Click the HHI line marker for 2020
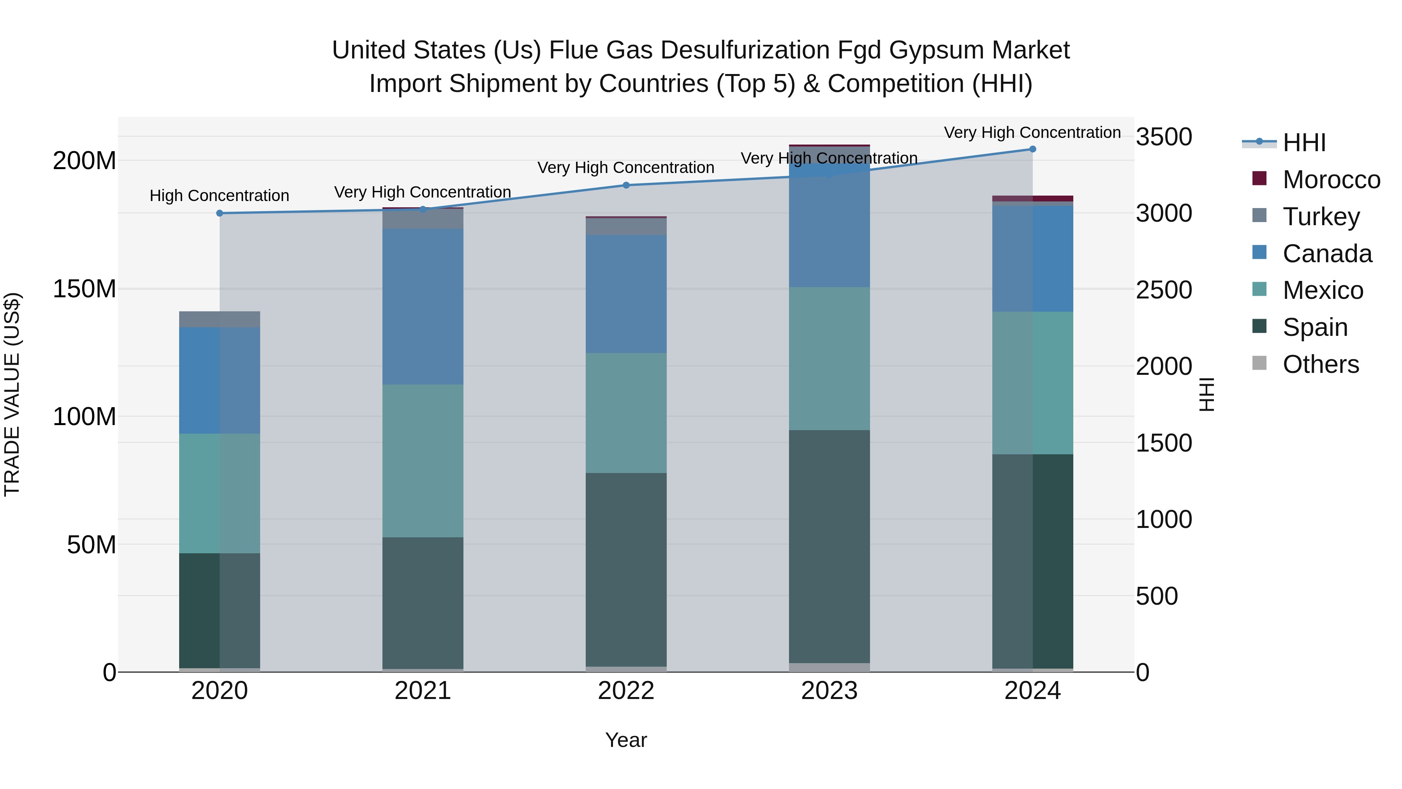[x=220, y=213]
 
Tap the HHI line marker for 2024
[x=1032, y=149]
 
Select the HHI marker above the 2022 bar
[x=626, y=185]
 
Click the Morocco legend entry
[x=1331, y=180]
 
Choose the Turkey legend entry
[x=1321, y=217]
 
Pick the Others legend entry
[x=1320, y=364]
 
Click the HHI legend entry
[x=1303, y=143]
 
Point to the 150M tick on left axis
[x=85, y=289]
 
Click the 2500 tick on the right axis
[x=1164, y=289]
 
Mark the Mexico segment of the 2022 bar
[x=626, y=413]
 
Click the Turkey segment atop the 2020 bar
[x=220, y=319]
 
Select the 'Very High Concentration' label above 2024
[x=1032, y=132]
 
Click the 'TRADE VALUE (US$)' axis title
[x=12, y=394]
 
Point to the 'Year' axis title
[x=626, y=740]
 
